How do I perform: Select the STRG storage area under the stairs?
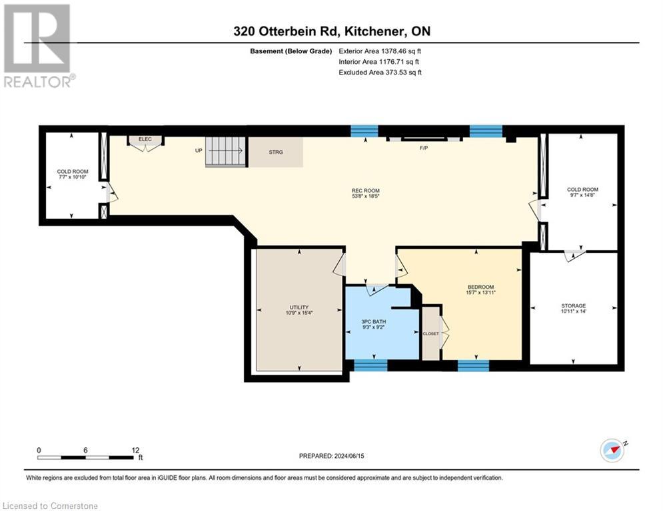click(275, 152)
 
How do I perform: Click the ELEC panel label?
click(145, 139)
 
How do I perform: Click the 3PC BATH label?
click(373, 321)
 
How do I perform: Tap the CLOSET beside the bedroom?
click(430, 333)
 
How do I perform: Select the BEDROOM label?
click(480, 287)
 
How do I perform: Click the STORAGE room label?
click(573, 306)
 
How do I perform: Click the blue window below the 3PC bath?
click(370, 365)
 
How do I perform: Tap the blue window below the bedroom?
click(473, 365)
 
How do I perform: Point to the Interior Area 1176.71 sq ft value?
click(380, 61)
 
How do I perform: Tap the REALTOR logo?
click(37, 45)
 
